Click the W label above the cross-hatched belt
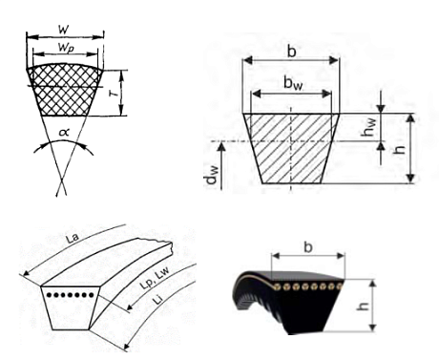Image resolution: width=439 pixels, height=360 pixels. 64,30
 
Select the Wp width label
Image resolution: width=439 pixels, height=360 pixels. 66,48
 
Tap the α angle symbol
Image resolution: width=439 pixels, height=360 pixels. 64,132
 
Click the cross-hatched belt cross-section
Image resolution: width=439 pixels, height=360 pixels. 65,90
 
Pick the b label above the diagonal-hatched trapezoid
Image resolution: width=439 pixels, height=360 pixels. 291,51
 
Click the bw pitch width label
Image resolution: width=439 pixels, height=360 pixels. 293,83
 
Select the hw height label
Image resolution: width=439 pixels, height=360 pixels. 368,127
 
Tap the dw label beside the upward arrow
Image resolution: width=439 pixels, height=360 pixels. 212,175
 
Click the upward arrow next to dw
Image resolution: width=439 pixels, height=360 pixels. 222,165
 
